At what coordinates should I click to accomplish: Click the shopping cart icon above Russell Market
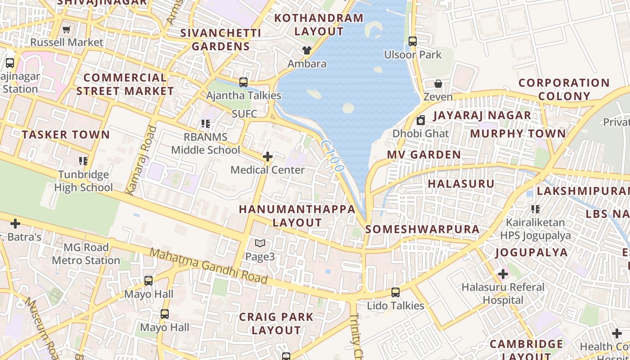[67, 30]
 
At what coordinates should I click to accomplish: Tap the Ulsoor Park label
[413, 54]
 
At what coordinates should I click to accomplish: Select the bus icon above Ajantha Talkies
[243, 82]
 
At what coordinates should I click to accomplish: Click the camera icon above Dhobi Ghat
[421, 120]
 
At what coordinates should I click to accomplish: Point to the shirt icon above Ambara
[307, 50]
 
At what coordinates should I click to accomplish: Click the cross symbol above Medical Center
[268, 157]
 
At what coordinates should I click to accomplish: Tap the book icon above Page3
[260, 243]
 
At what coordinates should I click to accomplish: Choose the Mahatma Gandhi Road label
[208, 266]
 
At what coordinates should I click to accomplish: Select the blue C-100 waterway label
[333, 156]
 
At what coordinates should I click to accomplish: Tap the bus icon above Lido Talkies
[396, 292]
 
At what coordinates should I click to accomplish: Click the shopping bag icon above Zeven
[438, 84]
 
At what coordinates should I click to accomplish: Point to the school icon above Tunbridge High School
[83, 161]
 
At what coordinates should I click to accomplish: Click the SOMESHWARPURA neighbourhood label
[422, 229]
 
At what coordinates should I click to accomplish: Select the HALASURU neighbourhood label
[461, 184]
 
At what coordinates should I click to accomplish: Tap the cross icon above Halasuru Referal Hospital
[503, 274]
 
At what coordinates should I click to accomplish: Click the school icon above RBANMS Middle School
[206, 124]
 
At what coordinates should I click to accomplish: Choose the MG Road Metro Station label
[86, 254]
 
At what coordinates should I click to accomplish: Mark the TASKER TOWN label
[66, 135]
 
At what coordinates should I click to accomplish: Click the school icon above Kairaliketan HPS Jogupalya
[535, 209]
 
